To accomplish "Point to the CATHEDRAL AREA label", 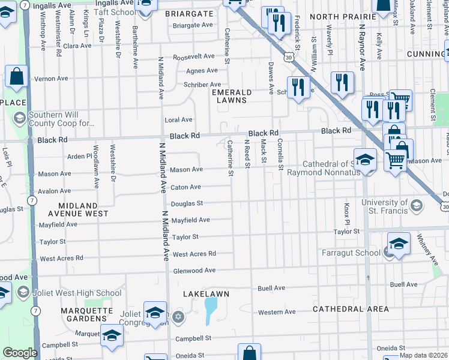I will click(351, 309).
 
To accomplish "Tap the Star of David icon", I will click(178, 316).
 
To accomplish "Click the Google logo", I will click(20, 353).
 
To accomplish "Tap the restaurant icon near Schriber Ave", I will click(298, 88).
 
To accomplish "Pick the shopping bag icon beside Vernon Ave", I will click(16, 77).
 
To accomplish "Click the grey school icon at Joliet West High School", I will click(22, 293).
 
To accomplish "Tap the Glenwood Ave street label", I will click(194, 271).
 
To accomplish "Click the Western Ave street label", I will click(277, 312).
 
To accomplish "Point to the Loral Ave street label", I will click(178, 120).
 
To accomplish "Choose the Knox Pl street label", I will click(346, 210).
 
